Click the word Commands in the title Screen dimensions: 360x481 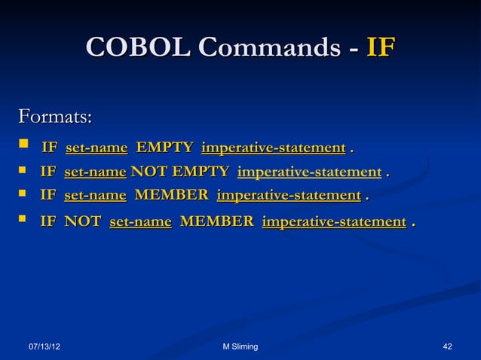pos(268,47)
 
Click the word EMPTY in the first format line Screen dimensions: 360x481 pos(164,146)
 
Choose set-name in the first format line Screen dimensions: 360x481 pos(97,146)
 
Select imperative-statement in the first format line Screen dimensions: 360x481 pos(274,146)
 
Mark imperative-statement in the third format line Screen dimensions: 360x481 pos(288,197)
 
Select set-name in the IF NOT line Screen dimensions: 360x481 pos(140,221)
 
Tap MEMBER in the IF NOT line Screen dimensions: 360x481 pos(216,221)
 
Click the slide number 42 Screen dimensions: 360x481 pos(448,346)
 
